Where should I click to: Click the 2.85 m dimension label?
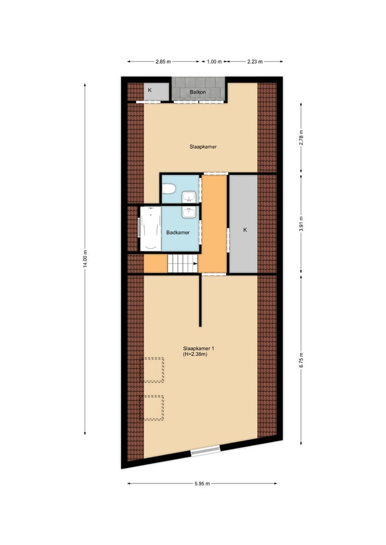click(163, 62)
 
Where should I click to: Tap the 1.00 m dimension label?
click(214, 62)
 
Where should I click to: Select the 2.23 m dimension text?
click(255, 62)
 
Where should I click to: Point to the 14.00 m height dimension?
click(85, 260)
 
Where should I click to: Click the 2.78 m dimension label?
click(301, 138)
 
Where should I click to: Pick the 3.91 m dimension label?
click(301, 222)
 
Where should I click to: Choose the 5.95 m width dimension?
click(202, 483)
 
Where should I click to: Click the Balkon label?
click(198, 92)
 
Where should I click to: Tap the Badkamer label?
click(178, 233)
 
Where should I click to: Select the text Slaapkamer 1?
click(195, 348)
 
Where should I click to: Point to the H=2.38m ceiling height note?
click(195, 354)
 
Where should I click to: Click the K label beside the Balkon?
click(150, 90)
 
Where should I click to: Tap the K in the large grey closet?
click(245, 229)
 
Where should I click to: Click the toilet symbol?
click(169, 189)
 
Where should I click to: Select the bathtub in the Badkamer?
click(150, 229)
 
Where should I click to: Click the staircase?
click(182, 264)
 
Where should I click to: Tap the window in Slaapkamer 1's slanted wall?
click(205, 451)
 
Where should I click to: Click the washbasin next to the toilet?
click(189, 197)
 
